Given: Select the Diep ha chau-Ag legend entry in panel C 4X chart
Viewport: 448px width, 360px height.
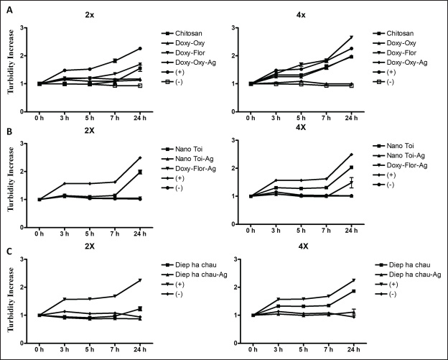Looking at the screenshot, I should (414, 276).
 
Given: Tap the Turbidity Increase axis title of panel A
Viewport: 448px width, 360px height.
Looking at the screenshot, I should (9, 67).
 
